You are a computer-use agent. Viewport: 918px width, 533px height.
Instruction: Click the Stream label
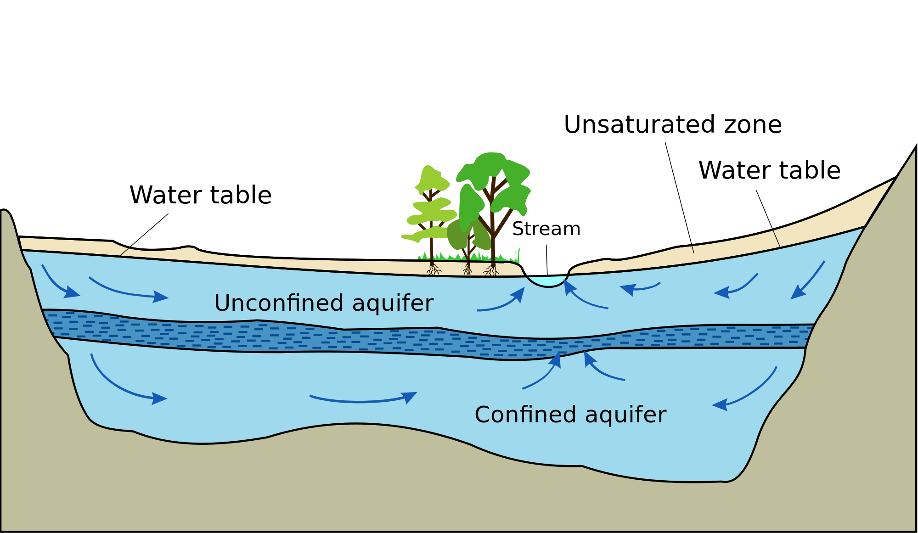point(546,229)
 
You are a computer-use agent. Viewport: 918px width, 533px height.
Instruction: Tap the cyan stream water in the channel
point(548,281)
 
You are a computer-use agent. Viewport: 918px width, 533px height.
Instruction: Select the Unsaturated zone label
point(672,124)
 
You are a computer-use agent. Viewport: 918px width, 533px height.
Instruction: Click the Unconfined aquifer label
point(324,303)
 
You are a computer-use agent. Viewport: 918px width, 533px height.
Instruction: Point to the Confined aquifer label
point(570,415)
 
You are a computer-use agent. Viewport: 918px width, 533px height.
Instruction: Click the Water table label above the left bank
point(200,195)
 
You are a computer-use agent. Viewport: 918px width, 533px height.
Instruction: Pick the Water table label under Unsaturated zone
point(769,170)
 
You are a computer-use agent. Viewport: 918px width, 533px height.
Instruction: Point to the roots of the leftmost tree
point(433,269)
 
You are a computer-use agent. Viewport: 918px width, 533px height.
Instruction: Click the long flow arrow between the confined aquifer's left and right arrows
point(363,399)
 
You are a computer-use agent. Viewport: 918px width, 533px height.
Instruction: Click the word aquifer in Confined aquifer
point(625,415)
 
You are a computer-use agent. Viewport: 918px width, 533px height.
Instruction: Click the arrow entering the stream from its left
point(503,303)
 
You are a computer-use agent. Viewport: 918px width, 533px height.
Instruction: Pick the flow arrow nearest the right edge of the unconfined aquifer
point(807,280)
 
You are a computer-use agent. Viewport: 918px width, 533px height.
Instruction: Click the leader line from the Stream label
point(547,259)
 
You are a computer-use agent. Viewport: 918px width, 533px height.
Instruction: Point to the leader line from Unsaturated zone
point(679,197)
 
